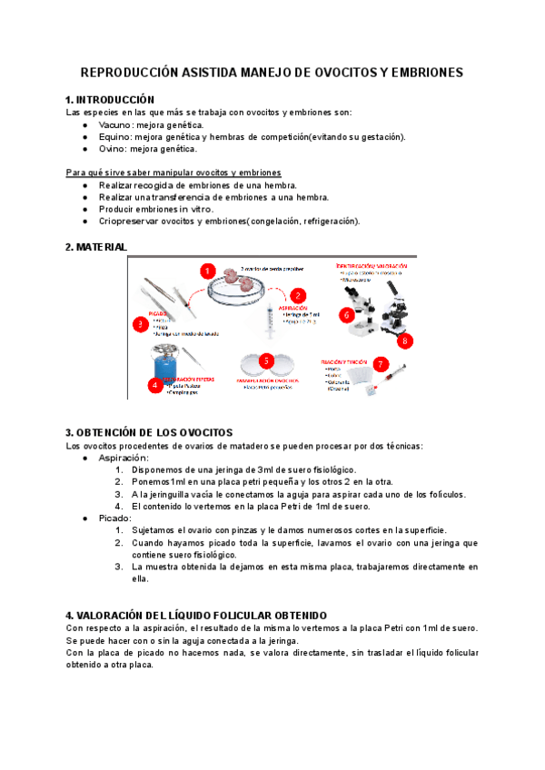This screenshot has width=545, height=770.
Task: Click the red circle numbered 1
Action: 207,271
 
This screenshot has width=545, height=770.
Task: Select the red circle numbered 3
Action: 140,323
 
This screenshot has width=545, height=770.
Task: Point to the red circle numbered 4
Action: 155,384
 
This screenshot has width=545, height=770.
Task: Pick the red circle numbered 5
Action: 266,360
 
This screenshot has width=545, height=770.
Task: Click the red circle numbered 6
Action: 345,315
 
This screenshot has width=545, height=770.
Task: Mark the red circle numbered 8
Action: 406,341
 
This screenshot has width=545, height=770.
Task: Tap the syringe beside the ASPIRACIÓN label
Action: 269,321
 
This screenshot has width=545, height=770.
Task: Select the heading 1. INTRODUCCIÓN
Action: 110,100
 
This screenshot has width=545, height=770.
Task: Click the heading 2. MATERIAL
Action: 97,247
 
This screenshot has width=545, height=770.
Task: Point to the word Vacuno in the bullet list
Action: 114,124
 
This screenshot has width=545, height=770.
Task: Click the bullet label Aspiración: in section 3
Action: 124,459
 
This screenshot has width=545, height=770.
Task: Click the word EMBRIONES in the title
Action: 423,72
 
